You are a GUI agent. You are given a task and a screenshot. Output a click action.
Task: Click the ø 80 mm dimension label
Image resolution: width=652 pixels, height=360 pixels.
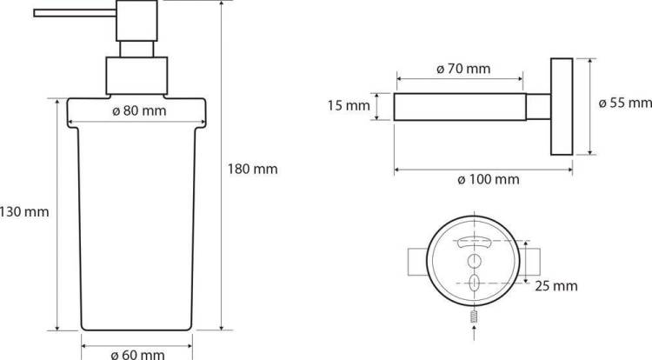tap(139, 111)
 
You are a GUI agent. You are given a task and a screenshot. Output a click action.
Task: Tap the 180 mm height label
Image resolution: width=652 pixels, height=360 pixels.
tap(252, 170)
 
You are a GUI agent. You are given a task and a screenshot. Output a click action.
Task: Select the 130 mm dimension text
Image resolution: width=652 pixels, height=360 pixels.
tap(24, 212)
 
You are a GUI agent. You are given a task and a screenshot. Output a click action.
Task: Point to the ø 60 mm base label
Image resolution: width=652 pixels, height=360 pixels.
tap(137, 354)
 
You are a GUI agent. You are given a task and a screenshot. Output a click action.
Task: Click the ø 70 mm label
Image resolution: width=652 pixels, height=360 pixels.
tap(463, 69)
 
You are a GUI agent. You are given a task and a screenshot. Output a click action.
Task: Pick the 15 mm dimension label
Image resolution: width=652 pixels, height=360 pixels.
tap(349, 105)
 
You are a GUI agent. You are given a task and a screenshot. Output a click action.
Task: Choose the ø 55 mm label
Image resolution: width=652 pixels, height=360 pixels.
tap(625, 103)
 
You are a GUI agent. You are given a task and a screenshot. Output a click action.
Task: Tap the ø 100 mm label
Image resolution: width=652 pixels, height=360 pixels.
tap(489, 180)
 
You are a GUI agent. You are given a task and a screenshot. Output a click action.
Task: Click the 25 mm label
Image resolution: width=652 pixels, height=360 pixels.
tap(556, 286)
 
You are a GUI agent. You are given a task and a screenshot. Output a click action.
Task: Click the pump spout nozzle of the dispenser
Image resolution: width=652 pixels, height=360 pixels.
tap(75, 13)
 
